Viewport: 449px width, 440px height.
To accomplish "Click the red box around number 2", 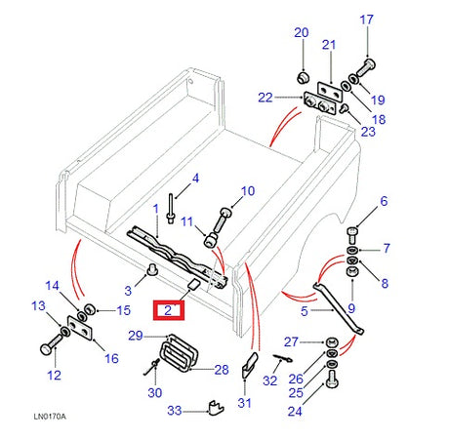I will coord(168,310).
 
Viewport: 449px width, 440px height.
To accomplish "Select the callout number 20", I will coord(301,32).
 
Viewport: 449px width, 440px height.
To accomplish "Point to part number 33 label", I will coord(175,412).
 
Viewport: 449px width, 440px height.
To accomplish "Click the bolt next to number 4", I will coord(171,208).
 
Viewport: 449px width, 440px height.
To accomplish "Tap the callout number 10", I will coord(247,191).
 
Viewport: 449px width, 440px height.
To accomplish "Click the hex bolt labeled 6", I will coord(352,233).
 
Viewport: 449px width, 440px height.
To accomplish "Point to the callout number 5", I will coord(305,312).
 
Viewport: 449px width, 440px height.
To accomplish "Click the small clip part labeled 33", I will coord(213,405).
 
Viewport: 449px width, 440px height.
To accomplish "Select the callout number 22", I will coord(265,96).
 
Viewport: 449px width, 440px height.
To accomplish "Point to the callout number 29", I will coord(136,336).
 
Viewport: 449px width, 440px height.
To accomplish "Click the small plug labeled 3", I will coord(152,269).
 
